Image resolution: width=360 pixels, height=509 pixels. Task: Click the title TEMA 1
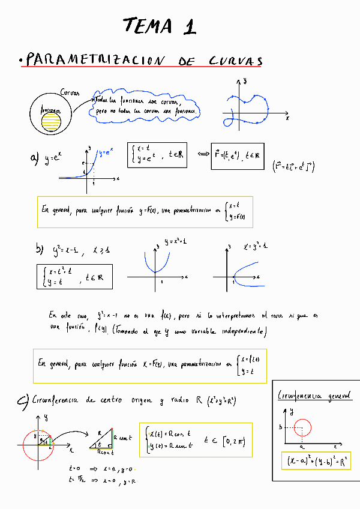[160, 26]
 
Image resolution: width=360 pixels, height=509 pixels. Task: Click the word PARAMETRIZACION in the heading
[97, 61]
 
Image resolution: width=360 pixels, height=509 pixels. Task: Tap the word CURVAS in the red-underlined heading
[236, 61]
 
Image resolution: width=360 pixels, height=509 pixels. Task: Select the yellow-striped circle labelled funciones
[50, 120]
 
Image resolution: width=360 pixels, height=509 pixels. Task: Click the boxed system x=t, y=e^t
[158, 155]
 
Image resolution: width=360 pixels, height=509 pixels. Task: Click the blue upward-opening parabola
[155, 259]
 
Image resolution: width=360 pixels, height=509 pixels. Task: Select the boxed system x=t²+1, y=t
[73, 276]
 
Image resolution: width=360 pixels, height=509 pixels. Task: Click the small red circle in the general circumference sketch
[302, 427]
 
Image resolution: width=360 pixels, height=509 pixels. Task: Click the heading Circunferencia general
[315, 396]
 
